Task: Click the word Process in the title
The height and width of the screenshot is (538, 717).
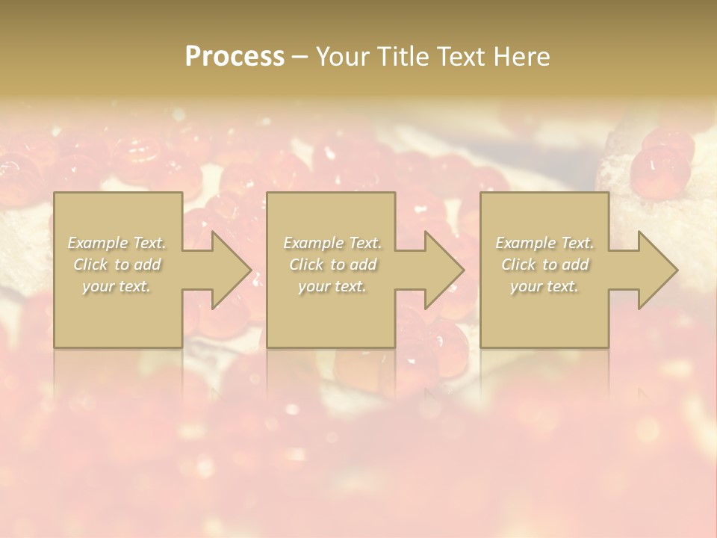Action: (235, 57)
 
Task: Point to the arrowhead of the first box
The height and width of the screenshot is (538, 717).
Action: (230, 270)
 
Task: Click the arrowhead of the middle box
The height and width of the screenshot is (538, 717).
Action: (444, 270)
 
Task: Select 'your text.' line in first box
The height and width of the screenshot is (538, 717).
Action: (117, 286)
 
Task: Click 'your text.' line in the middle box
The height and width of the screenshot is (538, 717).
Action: (332, 286)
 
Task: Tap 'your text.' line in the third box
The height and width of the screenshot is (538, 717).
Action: (544, 286)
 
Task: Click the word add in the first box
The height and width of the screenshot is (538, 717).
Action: (147, 265)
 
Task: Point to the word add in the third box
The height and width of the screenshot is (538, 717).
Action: (575, 265)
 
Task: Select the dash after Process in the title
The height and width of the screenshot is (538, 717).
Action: (299, 58)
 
